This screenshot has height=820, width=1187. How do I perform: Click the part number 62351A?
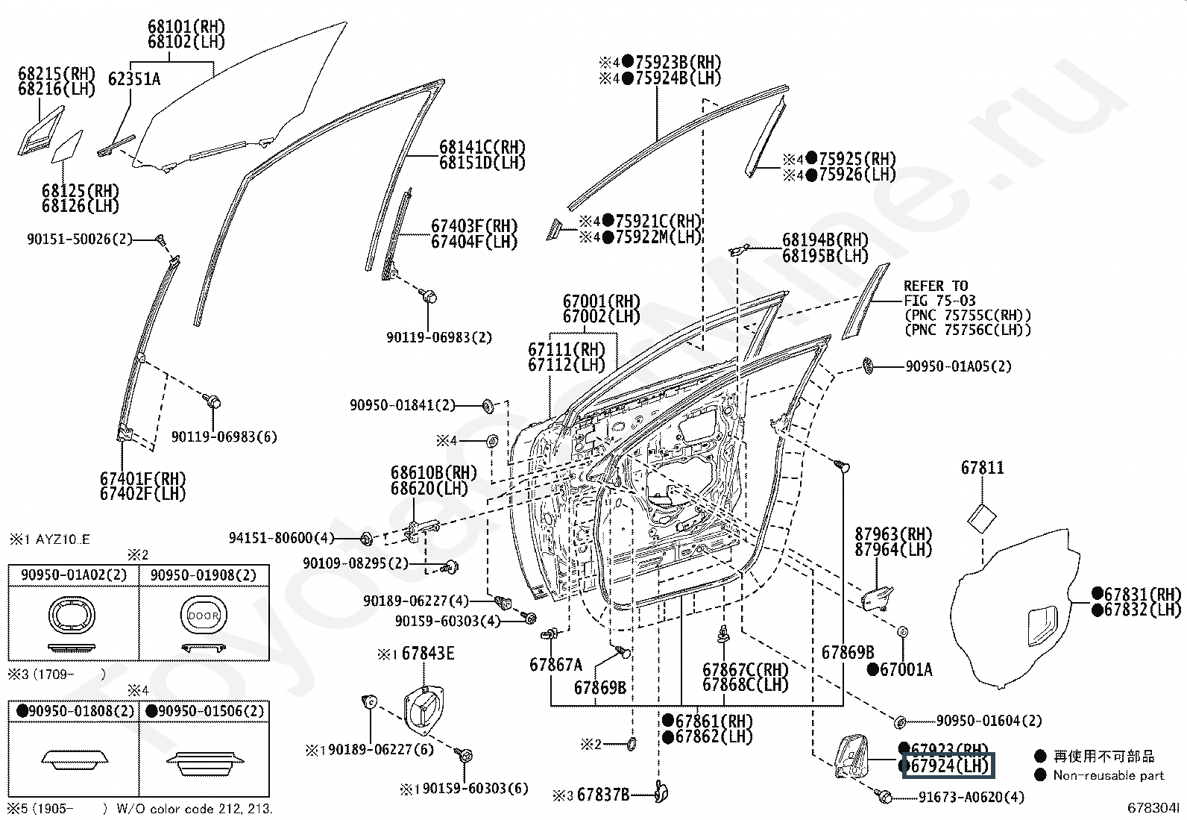coord(134,80)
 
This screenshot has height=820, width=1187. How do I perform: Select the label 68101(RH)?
coord(186,27)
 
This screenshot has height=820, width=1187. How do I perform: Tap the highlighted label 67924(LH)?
coord(948,766)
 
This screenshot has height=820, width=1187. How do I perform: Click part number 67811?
coord(983,468)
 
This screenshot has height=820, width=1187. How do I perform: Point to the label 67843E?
coord(428,654)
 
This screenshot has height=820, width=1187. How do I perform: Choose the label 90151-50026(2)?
coord(80,240)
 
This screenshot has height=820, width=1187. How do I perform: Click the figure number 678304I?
coord(1153,808)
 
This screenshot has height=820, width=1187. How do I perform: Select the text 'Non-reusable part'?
coord(1109,775)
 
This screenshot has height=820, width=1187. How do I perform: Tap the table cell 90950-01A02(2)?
coord(74,575)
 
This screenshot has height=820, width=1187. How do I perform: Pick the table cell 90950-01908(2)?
coord(204,575)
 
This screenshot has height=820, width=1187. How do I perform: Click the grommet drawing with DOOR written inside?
coord(204,616)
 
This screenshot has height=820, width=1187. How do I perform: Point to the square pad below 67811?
coord(982,519)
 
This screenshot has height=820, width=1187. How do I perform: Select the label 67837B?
coord(603,795)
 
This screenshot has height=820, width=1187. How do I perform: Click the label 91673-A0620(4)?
coord(972,797)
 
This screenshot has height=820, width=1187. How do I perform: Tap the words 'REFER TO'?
coord(936,286)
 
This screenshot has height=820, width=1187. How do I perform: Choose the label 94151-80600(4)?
coord(281,538)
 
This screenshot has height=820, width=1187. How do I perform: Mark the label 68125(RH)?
coord(81,191)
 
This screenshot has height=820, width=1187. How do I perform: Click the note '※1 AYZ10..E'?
coord(50,540)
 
